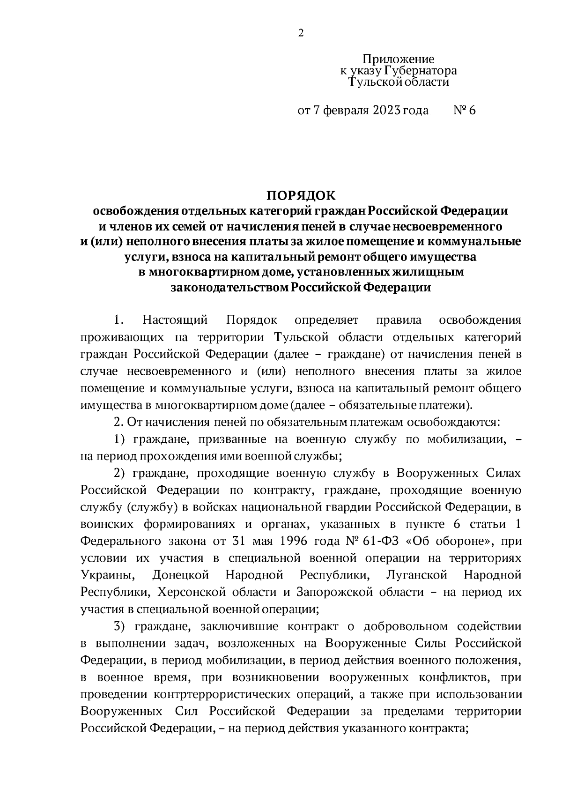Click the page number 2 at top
(x=301, y=33)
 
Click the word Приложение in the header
(x=399, y=59)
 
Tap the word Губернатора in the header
(x=420, y=71)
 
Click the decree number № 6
(x=465, y=111)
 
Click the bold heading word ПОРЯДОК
(x=301, y=195)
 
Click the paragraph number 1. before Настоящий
(x=118, y=320)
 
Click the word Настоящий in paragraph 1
(x=175, y=320)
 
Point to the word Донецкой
(x=180, y=575)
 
